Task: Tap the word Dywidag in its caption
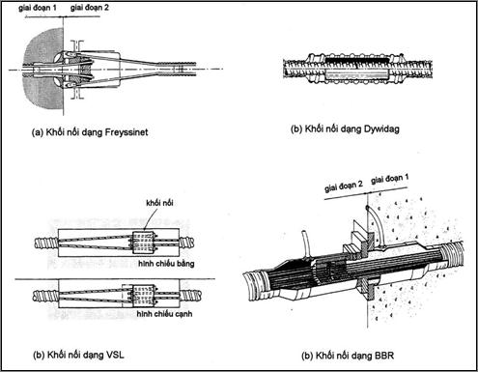coord(381,129)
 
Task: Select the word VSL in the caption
coord(114,355)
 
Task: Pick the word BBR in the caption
coord(384,356)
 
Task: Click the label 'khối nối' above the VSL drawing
coord(159,203)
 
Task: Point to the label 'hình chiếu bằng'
coord(166,264)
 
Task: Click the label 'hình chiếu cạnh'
coord(164,314)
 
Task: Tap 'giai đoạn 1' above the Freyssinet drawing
coord(38,8)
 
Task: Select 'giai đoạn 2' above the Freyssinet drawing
coord(90,8)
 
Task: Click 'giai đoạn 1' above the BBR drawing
coord(390,179)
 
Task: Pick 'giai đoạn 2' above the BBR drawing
coord(344,186)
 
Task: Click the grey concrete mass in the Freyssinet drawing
coord(41,70)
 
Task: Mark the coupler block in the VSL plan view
coord(144,243)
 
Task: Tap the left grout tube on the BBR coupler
coord(304,243)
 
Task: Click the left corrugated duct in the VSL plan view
coord(46,243)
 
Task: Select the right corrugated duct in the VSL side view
coord(190,295)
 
